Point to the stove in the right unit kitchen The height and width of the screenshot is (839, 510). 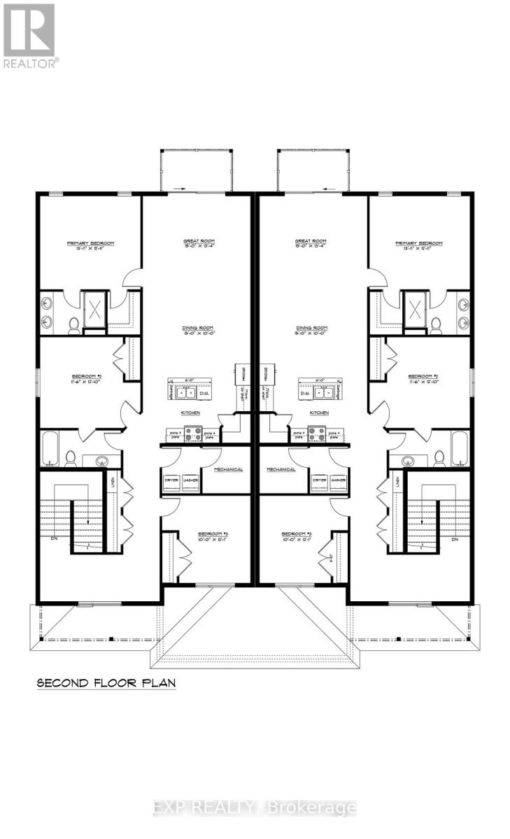(x=318, y=434)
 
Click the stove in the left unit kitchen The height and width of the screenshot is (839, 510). (x=191, y=434)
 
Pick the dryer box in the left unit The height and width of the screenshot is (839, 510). (x=171, y=482)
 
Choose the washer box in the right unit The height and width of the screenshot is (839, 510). (x=339, y=482)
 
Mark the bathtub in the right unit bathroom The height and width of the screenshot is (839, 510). (x=460, y=447)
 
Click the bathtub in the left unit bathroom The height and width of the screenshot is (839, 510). (x=50, y=447)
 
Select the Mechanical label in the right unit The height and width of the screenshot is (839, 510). (x=281, y=469)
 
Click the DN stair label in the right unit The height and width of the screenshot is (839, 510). (x=455, y=540)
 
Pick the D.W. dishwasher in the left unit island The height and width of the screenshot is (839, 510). (x=204, y=393)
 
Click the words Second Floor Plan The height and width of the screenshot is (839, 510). (x=106, y=682)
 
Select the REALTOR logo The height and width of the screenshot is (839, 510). (x=29, y=35)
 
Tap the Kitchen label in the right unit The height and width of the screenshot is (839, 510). (x=318, y=413)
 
